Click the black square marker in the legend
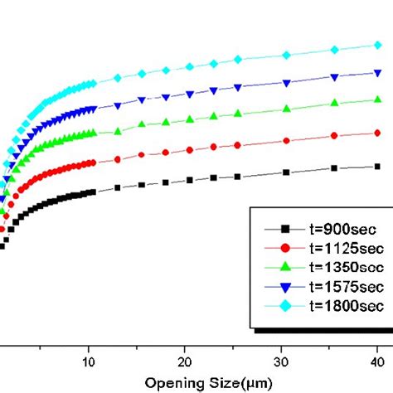coord(285,228)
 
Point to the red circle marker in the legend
coord(285,248)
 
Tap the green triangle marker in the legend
coord(285,267)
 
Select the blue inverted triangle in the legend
coord(285,288)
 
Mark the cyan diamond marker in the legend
coord(285,307)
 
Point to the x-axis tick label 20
coord(185,362)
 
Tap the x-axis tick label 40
coord(377,362)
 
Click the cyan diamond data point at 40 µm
coord(377,46)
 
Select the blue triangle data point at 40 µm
coord(377,73)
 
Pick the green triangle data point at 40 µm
coord(377,99)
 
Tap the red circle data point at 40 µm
coord(377,133)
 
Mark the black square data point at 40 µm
coord(377,166)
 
